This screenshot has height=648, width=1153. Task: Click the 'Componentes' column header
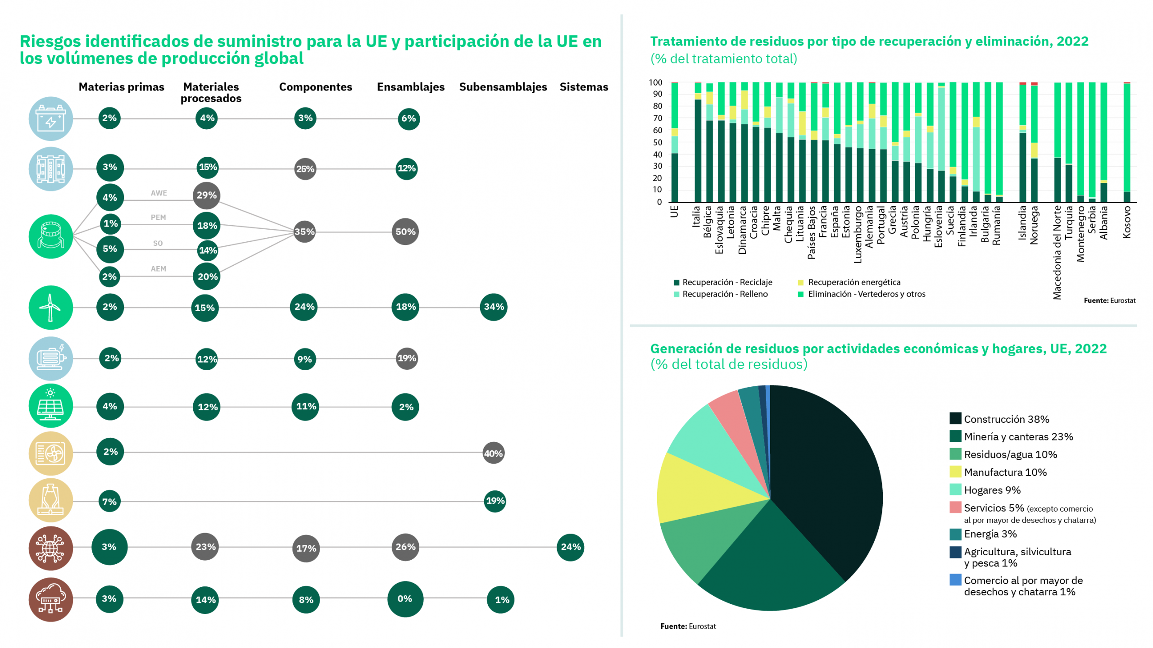tap(315, 87)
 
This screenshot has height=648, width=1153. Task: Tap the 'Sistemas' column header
tap(583, 87)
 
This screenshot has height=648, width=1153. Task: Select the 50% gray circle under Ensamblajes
tap(405, 231)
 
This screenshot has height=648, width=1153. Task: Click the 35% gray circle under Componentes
tap(304, 231)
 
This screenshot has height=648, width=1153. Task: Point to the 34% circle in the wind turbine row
tap(493, 307)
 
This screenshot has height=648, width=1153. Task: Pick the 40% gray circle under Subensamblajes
tap(493, 453)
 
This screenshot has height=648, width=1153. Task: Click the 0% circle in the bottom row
tap(405, 598)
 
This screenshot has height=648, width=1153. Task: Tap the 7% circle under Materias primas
tap(109, 501)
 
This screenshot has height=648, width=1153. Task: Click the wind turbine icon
tap(50, 307)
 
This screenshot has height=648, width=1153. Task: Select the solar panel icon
tap(50, 405)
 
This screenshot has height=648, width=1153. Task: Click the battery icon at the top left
tap(50, 118)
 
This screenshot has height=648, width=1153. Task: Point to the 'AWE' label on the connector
tap(159, 193)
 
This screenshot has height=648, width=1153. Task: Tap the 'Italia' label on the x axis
tap(696, 216)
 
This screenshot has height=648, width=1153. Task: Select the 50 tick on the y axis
tap(658, 142)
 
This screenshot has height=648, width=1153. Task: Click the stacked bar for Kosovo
tap(1126, 142)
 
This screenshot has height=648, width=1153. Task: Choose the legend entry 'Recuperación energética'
tap(853, 282)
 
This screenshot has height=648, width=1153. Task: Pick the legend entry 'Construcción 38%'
tap(1006, 419)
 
